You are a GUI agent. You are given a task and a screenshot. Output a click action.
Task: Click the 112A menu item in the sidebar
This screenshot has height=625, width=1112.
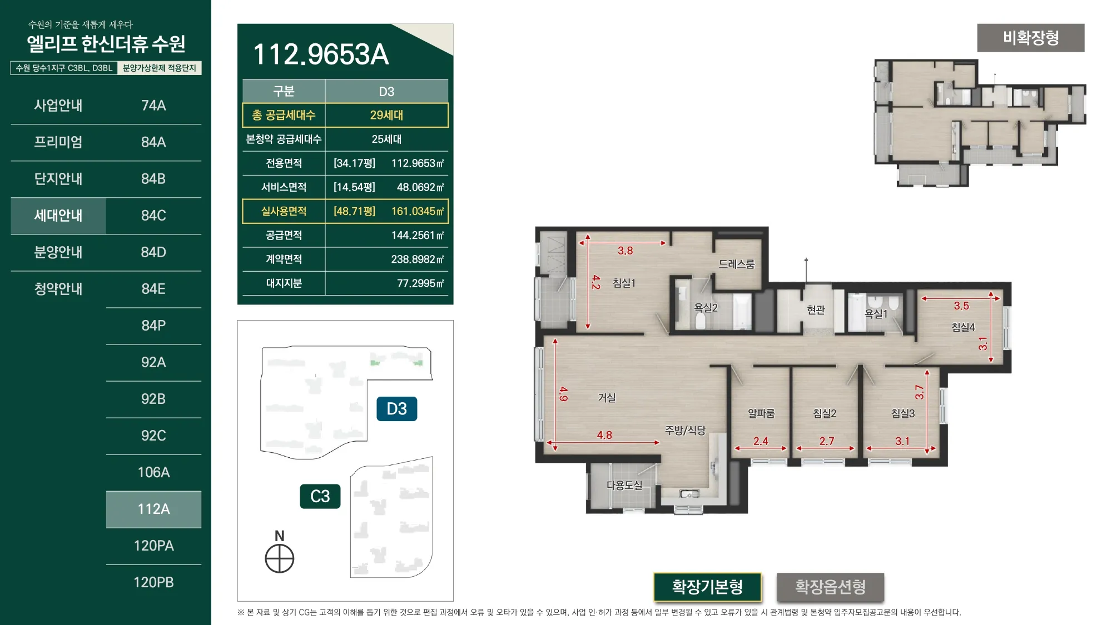[x=153, y=509]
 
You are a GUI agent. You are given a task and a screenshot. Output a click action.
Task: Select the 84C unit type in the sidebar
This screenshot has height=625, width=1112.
[x=153, y=216]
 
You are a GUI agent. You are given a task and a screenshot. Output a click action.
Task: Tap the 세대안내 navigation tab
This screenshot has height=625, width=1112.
[x=58, y=216]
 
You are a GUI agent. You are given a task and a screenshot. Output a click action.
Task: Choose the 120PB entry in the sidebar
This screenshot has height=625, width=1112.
[x=153, y=582]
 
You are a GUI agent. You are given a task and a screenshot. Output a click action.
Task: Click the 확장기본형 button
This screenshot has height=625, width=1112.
[x=707, y=587]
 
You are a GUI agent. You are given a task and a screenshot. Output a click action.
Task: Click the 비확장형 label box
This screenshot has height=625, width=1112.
[x=1031, y=38]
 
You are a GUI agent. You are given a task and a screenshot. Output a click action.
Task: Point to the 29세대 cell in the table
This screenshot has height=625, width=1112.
[x=386, y=115]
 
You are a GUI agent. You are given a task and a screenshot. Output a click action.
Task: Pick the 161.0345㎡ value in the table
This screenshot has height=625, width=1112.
[x=418, y=211]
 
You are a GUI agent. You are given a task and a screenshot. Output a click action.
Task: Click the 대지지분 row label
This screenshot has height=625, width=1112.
[x=284, y=283]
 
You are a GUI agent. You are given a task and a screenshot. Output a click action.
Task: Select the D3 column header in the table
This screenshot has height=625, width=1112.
[x=386, y=91]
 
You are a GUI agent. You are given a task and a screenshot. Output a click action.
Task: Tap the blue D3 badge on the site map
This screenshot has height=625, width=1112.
[x=396, y=409]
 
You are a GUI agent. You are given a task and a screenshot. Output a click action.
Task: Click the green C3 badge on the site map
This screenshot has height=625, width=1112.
[x=320, y=496]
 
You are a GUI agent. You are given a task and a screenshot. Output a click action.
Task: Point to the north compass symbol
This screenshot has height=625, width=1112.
[x=280, y=558]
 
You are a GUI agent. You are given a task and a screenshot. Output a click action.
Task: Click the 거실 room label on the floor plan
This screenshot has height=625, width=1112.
[x=607, y=398]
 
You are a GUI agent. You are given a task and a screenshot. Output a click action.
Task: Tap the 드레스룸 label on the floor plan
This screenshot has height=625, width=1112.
[x=737, y=264]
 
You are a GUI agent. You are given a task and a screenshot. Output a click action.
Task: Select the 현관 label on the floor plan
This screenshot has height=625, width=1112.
[x=816, y=310]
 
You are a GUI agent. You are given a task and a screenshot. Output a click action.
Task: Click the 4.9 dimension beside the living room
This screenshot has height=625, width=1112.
[x=564, y=394]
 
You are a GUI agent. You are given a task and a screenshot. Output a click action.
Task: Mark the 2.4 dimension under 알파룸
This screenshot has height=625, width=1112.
[x=761, y=441]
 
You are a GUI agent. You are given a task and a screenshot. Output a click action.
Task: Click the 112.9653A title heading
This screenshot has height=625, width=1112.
[x=321, y=54]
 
